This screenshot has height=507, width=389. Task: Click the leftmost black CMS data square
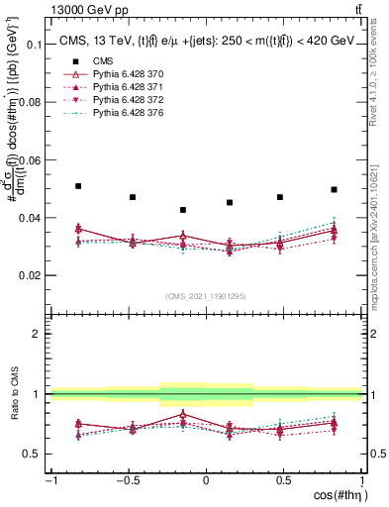(78, 186)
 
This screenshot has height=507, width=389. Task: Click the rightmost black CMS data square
(334, 189)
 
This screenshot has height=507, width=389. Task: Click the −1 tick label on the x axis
(49, 479)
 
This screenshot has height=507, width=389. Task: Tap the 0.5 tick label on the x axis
(283, 479)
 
